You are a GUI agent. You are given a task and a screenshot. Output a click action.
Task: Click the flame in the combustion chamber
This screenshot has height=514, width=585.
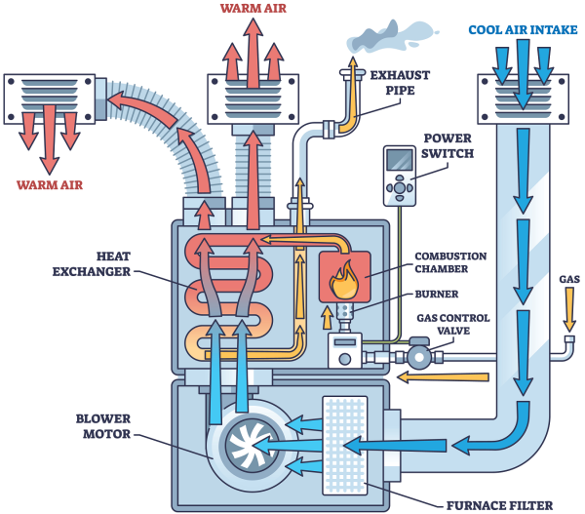pos(343,276)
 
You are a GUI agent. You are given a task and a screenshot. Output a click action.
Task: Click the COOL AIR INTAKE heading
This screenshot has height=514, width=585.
pos(517,28)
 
